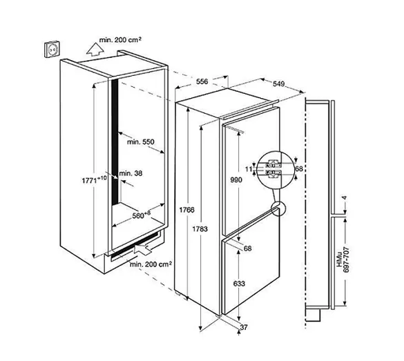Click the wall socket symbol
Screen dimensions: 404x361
coord(52,49)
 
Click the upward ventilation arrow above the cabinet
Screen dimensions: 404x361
coord(95,49)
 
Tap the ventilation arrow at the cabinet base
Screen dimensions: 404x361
coord(142,248)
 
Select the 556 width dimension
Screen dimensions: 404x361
coord(202,81)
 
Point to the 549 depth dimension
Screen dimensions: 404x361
coord(278,84)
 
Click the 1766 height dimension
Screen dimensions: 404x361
coord(186,210)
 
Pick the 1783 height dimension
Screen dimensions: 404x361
coord(200,228)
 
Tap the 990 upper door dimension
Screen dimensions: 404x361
coord(236,179)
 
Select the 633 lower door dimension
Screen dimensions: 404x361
coord(239,284)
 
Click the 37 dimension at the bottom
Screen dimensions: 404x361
coord(244,327)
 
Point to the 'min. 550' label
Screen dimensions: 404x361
coord(141,142)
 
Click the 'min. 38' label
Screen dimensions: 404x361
coord(131,173)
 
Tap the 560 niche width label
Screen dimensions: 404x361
coord(141,215)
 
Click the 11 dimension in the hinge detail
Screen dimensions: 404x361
coord(249,169)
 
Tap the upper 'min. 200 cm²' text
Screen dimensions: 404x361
coord(120,40)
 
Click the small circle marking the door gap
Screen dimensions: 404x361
coord(278,208)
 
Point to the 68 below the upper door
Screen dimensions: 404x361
coord(247,248)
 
